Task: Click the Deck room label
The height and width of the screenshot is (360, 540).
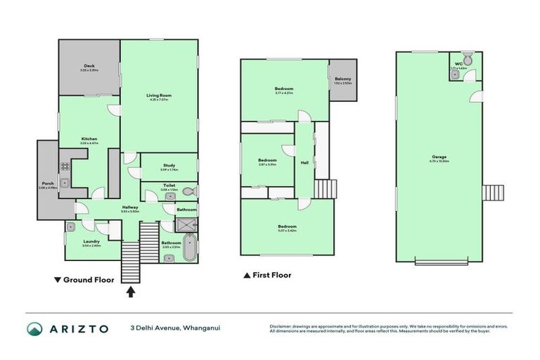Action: (x=89, y=67)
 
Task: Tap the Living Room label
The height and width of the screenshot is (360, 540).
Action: (x=159, y=96)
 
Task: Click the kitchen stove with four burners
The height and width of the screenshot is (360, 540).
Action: (x=65, y=167)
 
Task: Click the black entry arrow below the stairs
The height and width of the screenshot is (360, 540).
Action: (x=131, y=291)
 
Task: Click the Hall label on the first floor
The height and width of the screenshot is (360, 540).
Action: (x=304, y=162)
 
